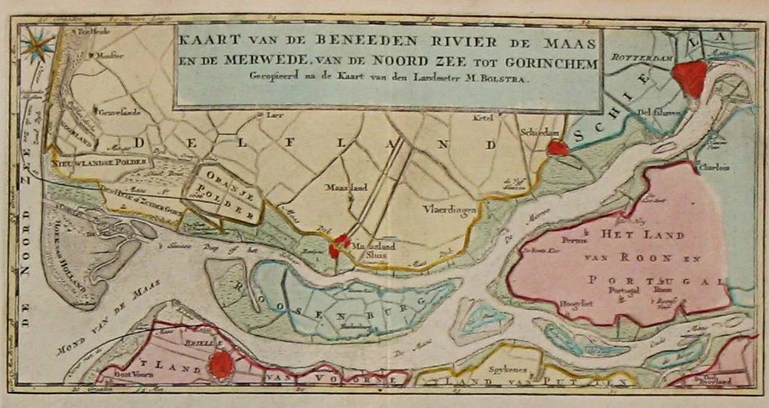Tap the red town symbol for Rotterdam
coord(689,78)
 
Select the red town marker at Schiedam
coord(559,148)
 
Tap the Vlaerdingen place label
coord(449,208)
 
